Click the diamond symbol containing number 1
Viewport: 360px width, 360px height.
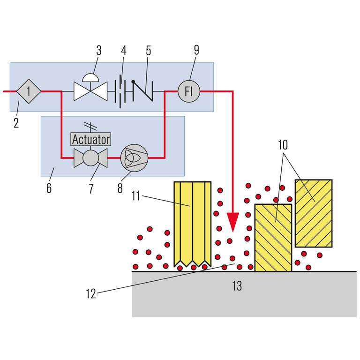click(28, 91)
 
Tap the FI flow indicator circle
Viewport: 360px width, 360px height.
click(189, 91)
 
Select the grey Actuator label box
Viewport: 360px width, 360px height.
click(90, 139)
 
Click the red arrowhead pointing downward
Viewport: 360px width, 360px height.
click(233, 220)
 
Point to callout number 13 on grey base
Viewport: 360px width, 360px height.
click(237, 285)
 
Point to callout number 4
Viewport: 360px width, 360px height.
click(124, 50)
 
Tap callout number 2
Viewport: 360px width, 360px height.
click(16, 125)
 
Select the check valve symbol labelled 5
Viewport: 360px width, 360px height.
click(141, 91)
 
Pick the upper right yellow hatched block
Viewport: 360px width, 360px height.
click(314, 213)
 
